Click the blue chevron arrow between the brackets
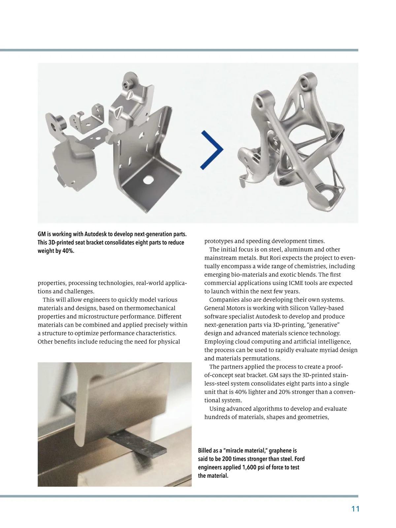[x=213, y=149]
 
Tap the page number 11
[x=355, y=509]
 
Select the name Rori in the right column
[x=274, y=258]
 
